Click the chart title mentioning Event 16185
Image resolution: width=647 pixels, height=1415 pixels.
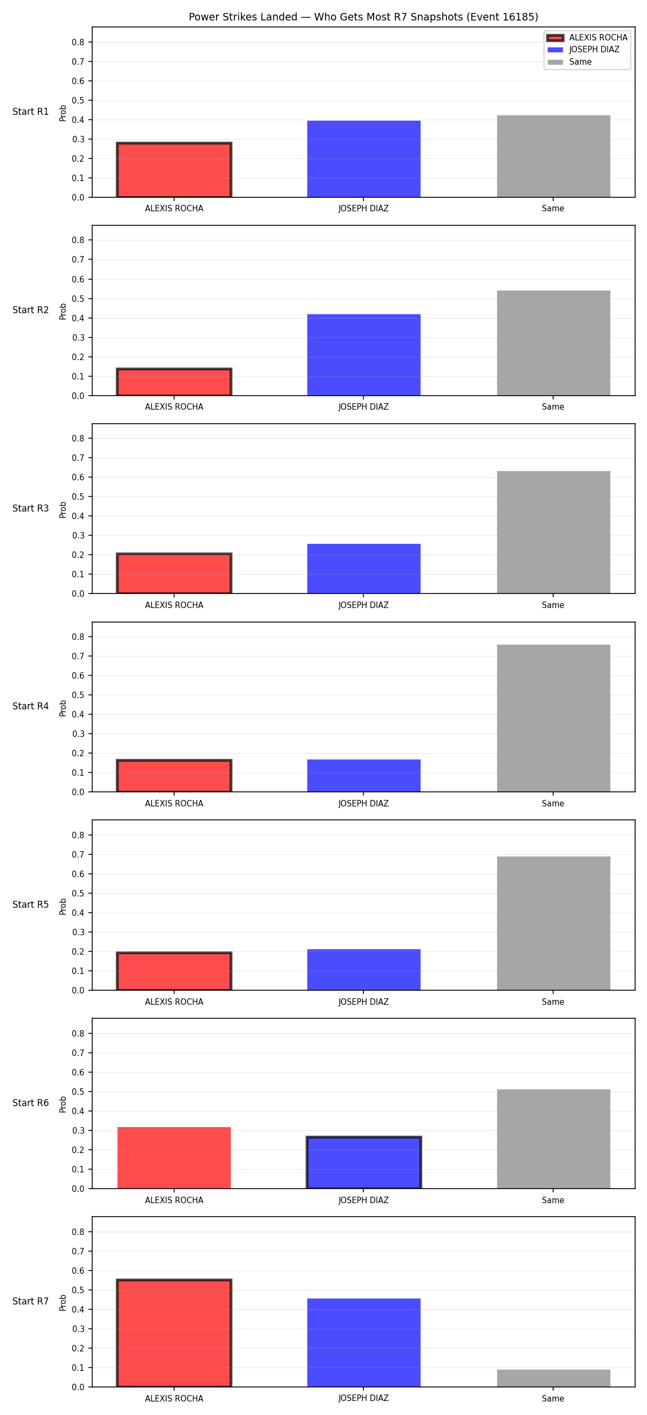(363, 17)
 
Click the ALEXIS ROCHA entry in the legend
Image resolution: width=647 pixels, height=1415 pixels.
(587, 37)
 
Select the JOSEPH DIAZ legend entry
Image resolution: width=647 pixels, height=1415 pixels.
(583, 50)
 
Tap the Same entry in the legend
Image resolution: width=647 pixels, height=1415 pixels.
(569, 62)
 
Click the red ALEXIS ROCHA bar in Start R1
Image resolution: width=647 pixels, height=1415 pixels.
(174, 170)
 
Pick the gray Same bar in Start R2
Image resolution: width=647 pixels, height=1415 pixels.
(554, 343)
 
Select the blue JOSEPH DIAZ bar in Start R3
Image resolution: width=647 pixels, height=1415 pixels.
(363, 569)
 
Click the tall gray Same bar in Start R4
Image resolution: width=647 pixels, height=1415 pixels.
(554, 718)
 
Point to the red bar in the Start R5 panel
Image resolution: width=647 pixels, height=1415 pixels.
(174, 971)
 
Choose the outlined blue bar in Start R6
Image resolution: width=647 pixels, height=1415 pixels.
(363, 1162)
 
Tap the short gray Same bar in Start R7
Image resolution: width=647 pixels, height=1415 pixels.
(554, 1378)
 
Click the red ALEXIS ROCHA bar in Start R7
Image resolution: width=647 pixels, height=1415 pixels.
(174, 1333)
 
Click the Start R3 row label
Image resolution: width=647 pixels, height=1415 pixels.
(31, 508)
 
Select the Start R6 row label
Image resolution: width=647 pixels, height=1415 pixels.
(31, 1103)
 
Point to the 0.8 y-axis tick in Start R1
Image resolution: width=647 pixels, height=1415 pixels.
(78, 42)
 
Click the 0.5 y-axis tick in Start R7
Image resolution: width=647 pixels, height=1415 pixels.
(78, 1290)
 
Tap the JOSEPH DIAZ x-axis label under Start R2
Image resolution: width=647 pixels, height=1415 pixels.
(363, 407)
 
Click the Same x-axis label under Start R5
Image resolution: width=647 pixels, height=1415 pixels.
(553, 1002)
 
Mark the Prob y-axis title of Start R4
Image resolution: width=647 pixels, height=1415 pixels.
(63, 708)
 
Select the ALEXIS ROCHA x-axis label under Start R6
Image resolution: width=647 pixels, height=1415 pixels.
(174, 1200)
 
